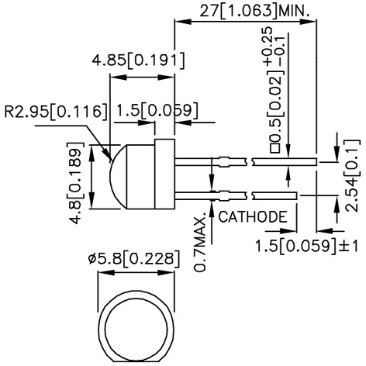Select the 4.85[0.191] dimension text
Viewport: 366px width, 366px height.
coord(137,60)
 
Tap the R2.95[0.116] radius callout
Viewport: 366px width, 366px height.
coord(54,111)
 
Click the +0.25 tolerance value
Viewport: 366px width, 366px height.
coord(267,52)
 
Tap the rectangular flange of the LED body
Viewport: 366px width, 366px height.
coord(164,175)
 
